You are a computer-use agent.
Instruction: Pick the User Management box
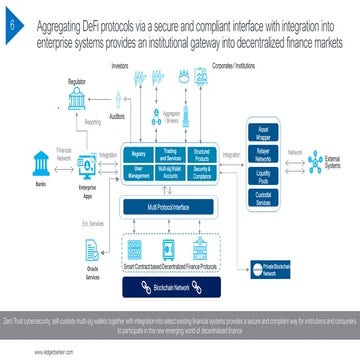point(137,173)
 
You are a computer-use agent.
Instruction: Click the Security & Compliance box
point(203,173)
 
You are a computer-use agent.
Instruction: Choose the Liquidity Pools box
point(265,178)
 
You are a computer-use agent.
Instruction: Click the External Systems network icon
point(325,159)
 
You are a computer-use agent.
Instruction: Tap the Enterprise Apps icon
point(92,167)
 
